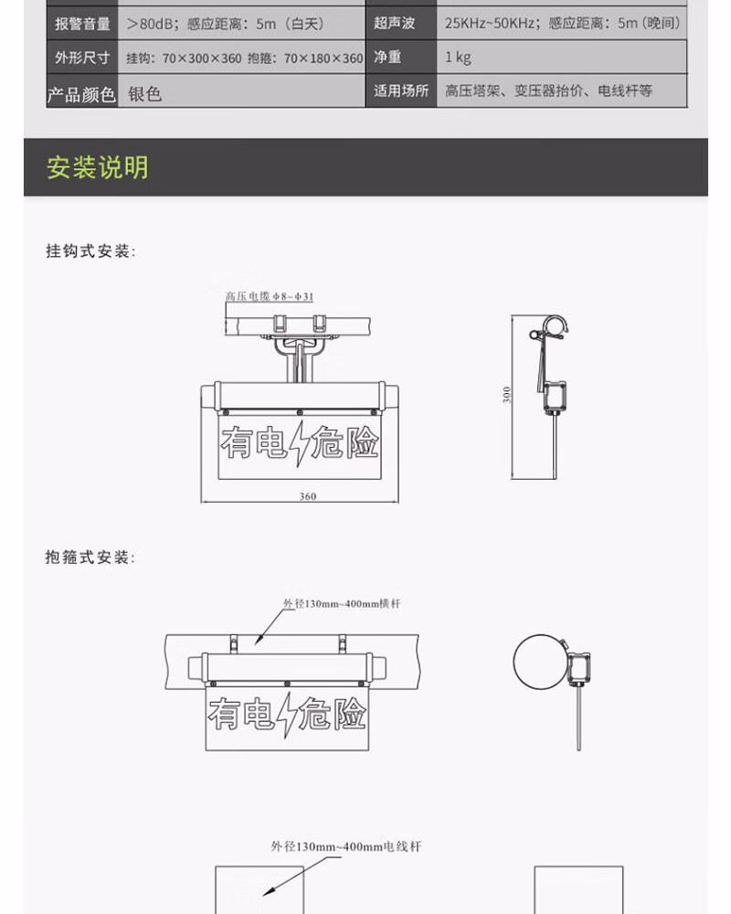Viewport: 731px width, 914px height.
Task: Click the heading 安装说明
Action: [x=98, y=167]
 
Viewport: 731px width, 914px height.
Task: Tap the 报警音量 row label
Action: [x=82, y=24]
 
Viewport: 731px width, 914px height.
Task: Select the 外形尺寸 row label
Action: [x=82, y=58]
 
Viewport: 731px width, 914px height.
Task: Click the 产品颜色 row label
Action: [x=82, y=93]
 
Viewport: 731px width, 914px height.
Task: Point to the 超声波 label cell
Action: [x=394, y=24]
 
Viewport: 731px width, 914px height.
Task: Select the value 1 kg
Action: [x=458, y=58]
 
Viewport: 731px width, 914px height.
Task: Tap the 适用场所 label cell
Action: [x=401, y=91]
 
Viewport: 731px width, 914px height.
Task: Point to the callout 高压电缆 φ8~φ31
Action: [x=270, y=296]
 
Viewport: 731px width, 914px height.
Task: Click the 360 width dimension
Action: [x=307, y=496]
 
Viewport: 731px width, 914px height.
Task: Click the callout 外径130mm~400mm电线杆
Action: [x=346, y=847]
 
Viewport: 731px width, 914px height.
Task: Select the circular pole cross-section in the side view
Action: [x=539, y=663]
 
